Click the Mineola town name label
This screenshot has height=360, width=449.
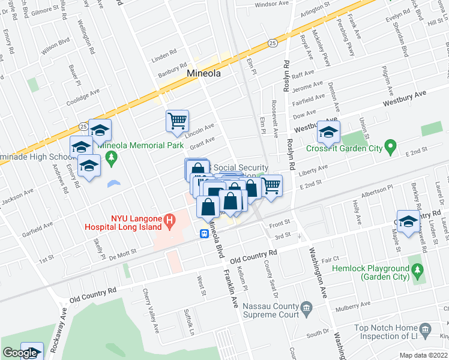click(x=204, y=73)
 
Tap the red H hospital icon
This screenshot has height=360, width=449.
click(x=169, y=221)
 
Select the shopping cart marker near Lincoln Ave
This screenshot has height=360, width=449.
click(x=177, y=121)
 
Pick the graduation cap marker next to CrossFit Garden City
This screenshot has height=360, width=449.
click(x=328, y=132)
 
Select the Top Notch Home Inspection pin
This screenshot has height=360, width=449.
click(x=425, y=329)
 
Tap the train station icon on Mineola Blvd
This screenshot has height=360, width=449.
click(x=205, y=233)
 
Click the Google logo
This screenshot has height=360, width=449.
click(x=20, y=353)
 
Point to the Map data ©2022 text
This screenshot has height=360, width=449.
click(x=423, y=355)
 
